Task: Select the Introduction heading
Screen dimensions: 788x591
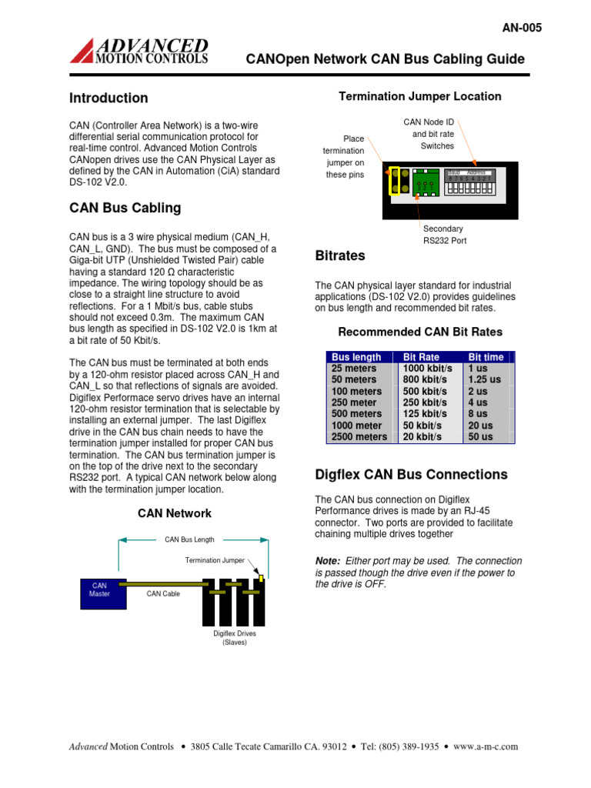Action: pyautogui.click(x=109, y=98)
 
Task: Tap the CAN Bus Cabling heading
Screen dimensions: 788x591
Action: pyautogui.click(x=125, y=208)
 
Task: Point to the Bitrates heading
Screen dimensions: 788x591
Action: pyautogui.click(x=341, y=255)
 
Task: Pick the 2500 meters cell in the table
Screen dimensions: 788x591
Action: pyautogui.click(x=359, y=436)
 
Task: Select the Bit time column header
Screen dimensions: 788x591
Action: pyautogui.click(x=486, y=357)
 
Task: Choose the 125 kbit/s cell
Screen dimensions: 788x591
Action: pyautogui.click(x=422, y=414)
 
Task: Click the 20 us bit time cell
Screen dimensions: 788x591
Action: pyautogui.click(x=481, y=425)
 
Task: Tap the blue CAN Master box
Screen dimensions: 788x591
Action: pyautogui.click(x=99, y=589)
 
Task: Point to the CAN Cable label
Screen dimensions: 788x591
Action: pyautogui.click(x=163, y=594)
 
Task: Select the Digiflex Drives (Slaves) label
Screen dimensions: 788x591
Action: pyautogui.click(x=234, y=638)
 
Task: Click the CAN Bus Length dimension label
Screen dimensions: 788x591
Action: pyautogui.click(x=189, y=539)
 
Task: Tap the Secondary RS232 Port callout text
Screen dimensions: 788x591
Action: pyautogui.click(x=444, y=235)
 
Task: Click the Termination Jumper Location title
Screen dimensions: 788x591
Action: pyautogui.click(x=420, y=96)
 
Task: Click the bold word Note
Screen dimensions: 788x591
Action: pyautogui.click(x=329, y=560)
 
